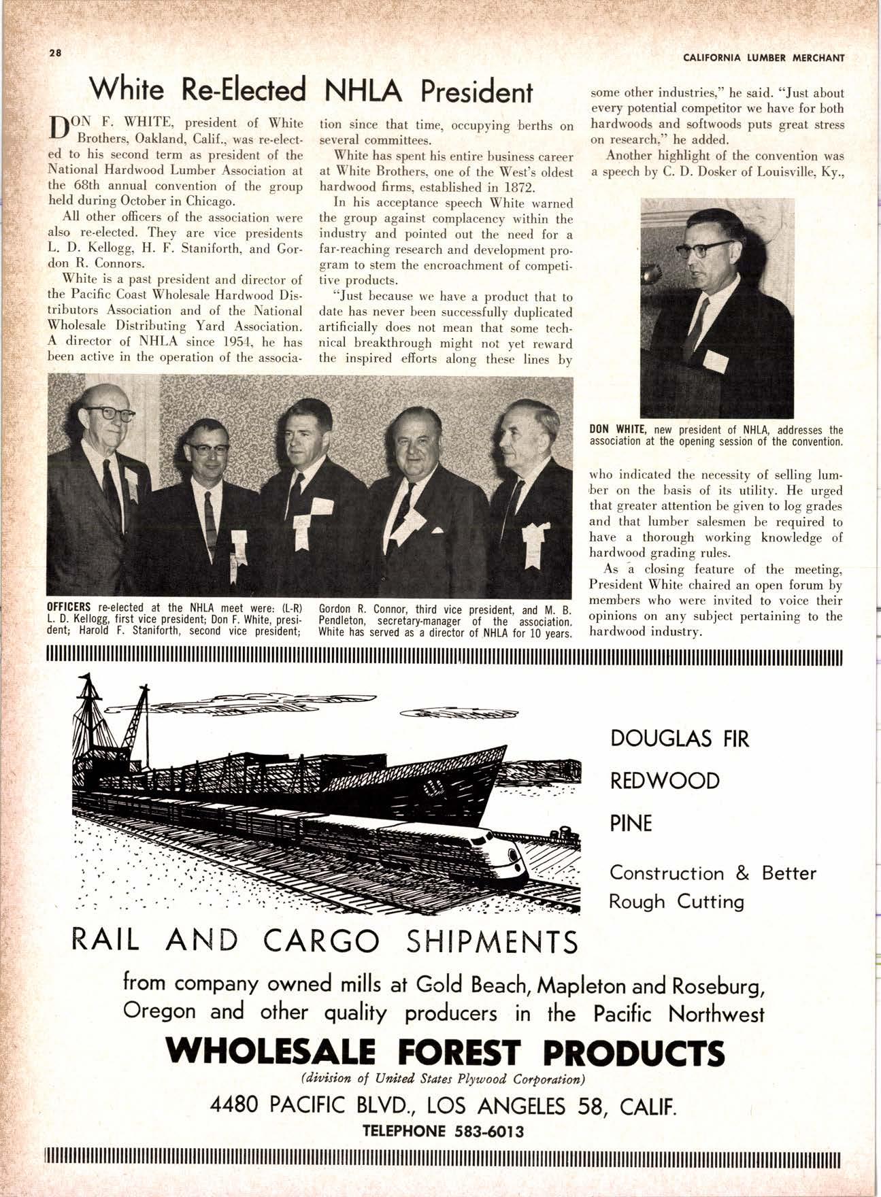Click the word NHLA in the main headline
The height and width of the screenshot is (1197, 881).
[x=367, y=91]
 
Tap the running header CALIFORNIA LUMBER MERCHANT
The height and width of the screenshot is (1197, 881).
[x=764, y=58]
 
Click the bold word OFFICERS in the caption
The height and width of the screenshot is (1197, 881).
[x=69, y=607]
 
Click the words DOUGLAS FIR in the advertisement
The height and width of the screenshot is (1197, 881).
[x=680, y=739]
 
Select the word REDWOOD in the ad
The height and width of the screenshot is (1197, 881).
[x=665, y=781]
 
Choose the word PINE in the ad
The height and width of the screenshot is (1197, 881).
[x=631, y=824]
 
